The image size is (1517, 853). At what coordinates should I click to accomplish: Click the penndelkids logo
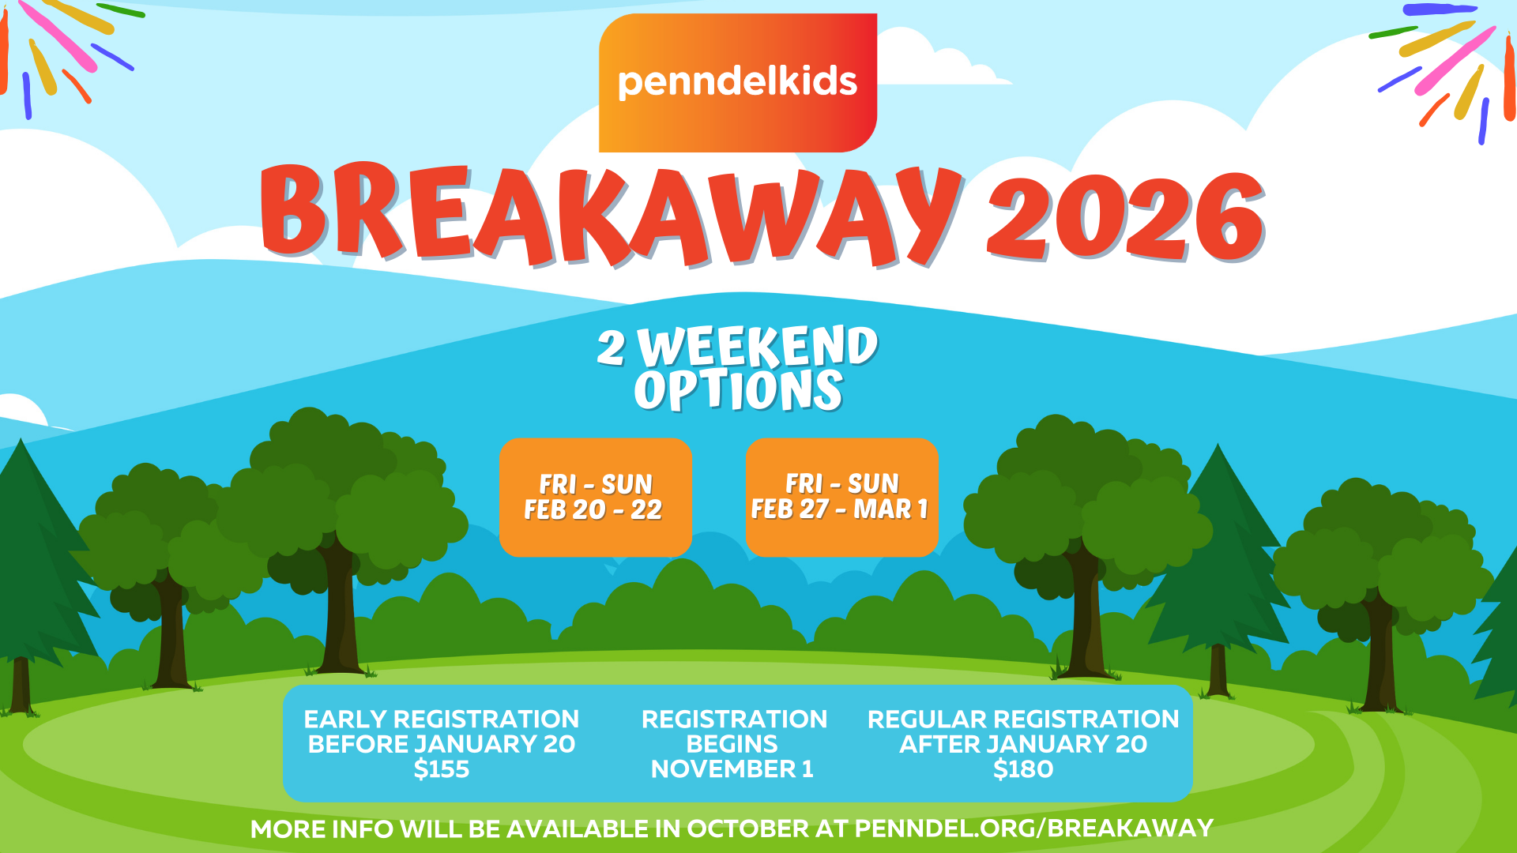[738, 83]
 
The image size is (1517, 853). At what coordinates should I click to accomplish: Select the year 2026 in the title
[1126, 217]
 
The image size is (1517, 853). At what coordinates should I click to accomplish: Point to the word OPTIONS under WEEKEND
[739, 390]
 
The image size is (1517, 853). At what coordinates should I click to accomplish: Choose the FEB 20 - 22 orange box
[596, 498]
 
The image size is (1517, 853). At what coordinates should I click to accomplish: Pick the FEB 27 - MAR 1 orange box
[842, 498]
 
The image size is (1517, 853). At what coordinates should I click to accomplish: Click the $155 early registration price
[442, 768]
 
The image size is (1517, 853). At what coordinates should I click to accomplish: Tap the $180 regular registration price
[1023, 768]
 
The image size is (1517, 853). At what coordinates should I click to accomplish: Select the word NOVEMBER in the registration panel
[723, 768]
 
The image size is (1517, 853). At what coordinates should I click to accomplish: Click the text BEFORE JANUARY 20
[442, 744]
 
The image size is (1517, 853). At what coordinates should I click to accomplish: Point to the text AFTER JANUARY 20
[1023, 744]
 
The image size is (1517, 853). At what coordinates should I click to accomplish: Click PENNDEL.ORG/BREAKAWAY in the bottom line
[1034, 829]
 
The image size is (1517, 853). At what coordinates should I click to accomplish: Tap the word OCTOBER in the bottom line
[747, 829]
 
